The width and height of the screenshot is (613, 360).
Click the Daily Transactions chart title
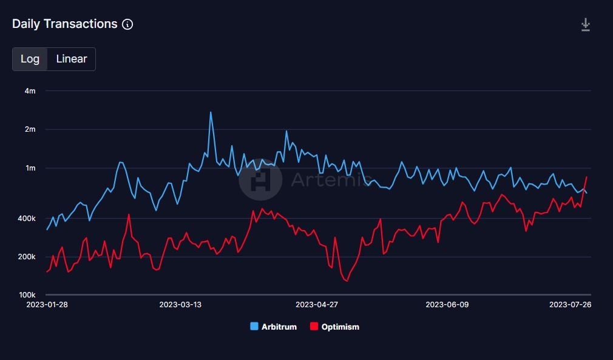[64, 24]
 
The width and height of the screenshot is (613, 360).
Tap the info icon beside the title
[127, 24]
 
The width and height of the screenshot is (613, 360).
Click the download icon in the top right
[585, 25]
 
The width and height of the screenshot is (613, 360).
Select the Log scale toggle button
[30, 59]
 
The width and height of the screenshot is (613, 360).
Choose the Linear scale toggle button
[72, 59]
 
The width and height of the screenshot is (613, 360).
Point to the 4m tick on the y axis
[30, 91]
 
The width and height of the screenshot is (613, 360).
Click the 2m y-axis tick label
[30, 129]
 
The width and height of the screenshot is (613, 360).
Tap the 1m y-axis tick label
[30, 168]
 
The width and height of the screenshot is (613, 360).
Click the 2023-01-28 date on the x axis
[47, 305]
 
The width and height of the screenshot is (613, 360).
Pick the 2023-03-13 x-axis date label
[180, 305]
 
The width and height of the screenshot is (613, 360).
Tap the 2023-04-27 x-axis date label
[316, 305]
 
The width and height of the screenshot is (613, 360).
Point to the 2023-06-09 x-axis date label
[447, 305]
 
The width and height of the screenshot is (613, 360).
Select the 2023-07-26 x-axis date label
[570, 305]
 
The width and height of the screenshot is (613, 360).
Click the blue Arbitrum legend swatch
[254, 327]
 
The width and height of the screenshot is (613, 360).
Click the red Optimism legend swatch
[314, 327]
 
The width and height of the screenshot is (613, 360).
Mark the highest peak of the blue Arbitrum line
[211, 112]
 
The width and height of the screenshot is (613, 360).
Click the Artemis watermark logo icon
[260, 180]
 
